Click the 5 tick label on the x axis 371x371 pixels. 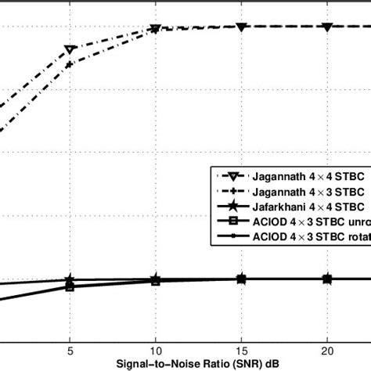tap(70, 351)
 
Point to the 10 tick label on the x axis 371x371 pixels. tap(156, 351)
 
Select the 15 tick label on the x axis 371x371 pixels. tap(242, 351)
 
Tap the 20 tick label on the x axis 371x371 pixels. tap(328, 351)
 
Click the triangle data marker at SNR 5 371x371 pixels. tap(70, 50)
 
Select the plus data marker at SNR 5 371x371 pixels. tap(70, 64)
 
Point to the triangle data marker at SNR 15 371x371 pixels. tap(242, 27)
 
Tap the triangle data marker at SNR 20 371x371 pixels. tap(328, 27)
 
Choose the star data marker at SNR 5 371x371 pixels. tap(70, 280)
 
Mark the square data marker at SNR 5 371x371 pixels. tap(70, 287)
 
